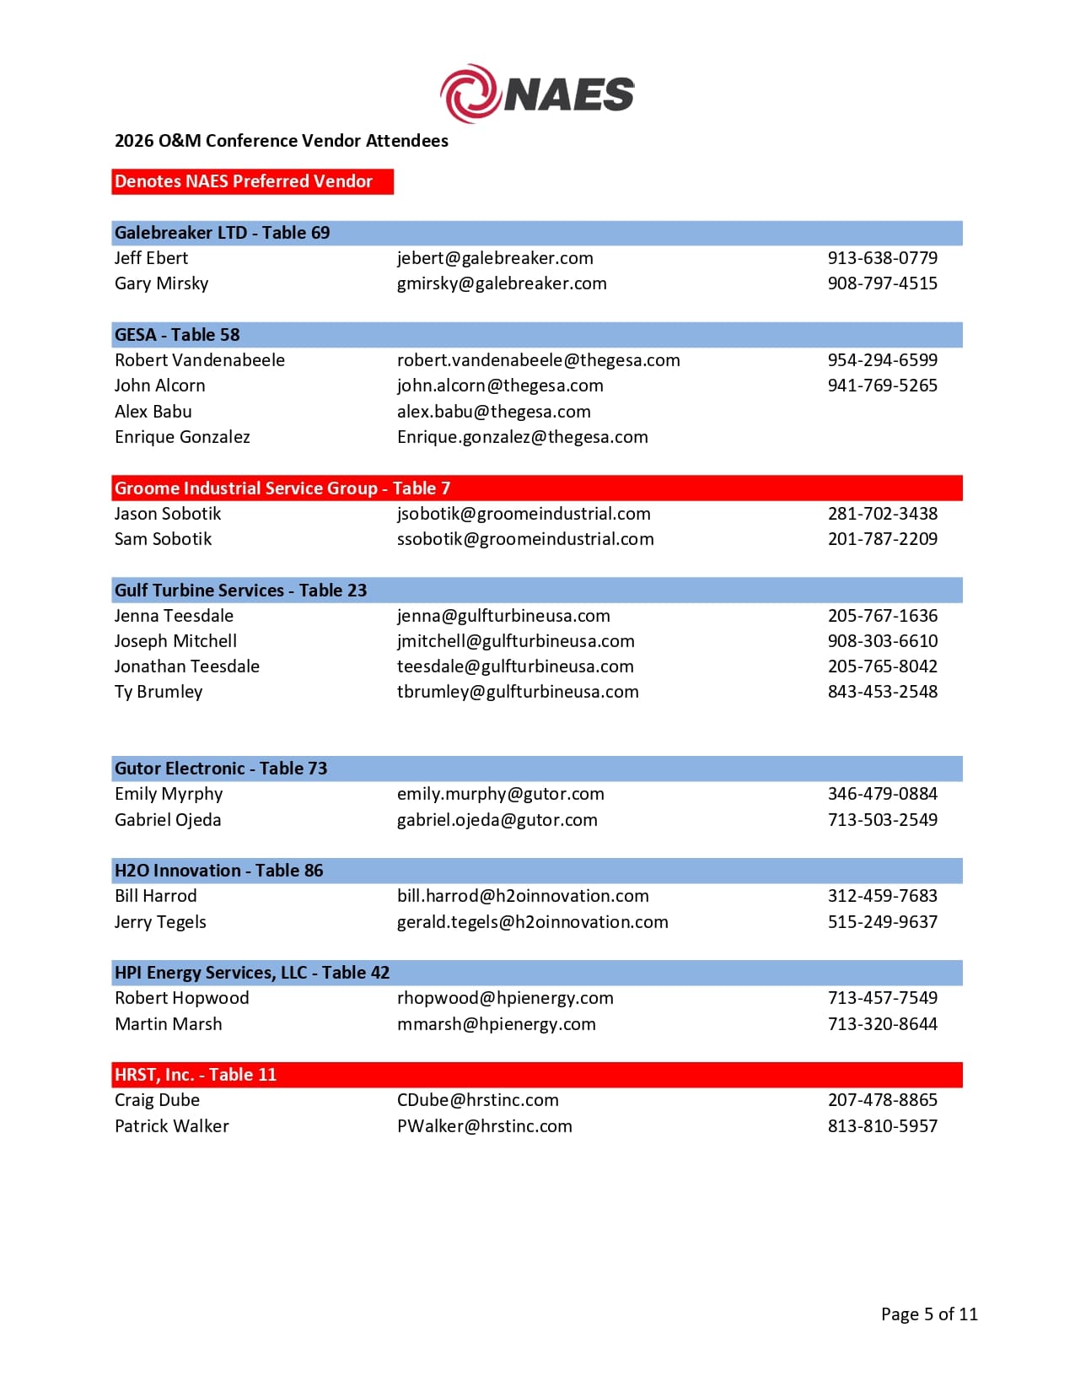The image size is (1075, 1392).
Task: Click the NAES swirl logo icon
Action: [x=470, y=93]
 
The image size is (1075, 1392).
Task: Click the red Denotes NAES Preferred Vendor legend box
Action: [x=252, y=181]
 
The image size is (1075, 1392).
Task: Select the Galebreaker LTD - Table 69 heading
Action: [x=223, y=233]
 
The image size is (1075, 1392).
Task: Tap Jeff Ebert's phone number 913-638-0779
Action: [x=882, y=258]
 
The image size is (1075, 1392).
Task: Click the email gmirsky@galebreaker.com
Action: [x=502, y=283]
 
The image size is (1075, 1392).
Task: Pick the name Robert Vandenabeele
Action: [x=200, y=360]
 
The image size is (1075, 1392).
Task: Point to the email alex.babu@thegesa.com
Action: [x=494, y=412]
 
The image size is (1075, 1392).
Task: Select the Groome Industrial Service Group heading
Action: [x=282, y=488]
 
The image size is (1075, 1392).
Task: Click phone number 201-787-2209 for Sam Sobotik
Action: [x=882, y=539]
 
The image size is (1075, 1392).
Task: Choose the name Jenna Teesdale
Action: [x=174, y=616]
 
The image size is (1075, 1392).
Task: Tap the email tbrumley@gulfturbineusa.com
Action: [x=518, y=692]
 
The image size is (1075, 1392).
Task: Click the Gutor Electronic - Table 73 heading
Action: [x=221, y=769]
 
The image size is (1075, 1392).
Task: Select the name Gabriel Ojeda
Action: [x=168, y=820]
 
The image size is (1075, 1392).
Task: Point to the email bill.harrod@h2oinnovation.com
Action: [x=523, y=896]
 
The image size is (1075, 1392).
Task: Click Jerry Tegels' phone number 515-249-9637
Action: [x=882, y=922]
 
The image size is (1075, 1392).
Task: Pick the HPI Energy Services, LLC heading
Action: [x=252, y=973]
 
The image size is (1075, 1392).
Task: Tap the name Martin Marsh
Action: [x=169, y=1024]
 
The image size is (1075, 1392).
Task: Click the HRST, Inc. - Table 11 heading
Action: [x=196, y=1075]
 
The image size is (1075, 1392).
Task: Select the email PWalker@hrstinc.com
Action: [x=485, y=1126]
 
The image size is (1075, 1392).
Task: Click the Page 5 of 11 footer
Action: [x=929, y=1314]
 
